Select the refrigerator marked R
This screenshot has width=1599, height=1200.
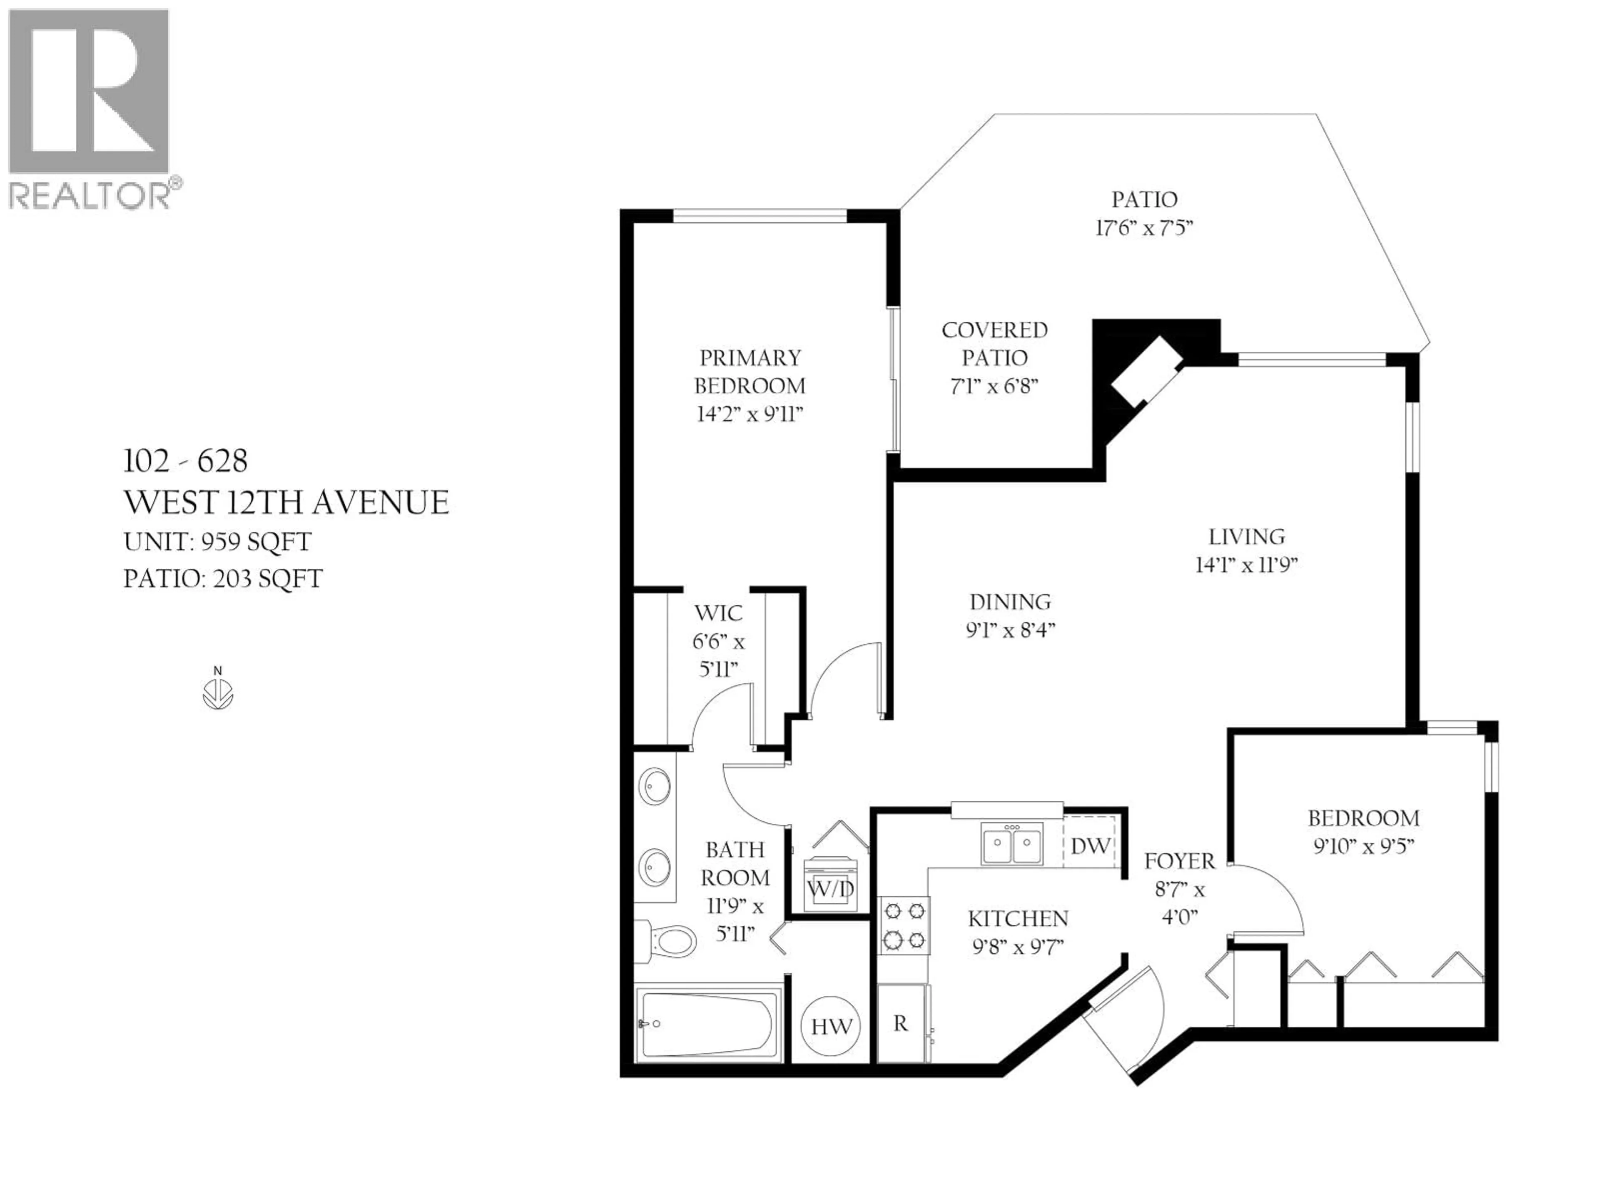[901, 1023]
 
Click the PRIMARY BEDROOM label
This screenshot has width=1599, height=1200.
[750, 372]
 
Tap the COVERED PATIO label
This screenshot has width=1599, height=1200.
[994, 344]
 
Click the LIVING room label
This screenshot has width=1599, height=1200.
[1247, 537]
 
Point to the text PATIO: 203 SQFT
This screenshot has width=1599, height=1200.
[223, 579]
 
